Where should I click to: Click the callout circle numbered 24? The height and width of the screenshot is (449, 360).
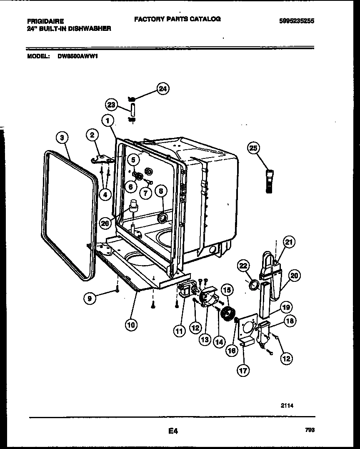pos(163,88)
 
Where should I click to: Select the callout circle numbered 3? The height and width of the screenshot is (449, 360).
pos(62,138)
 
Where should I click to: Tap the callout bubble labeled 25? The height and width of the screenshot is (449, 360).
pos(253,148)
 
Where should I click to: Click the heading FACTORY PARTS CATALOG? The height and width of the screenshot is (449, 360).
pos(177,19)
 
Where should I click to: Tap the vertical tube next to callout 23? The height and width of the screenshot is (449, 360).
pos(132,110)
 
